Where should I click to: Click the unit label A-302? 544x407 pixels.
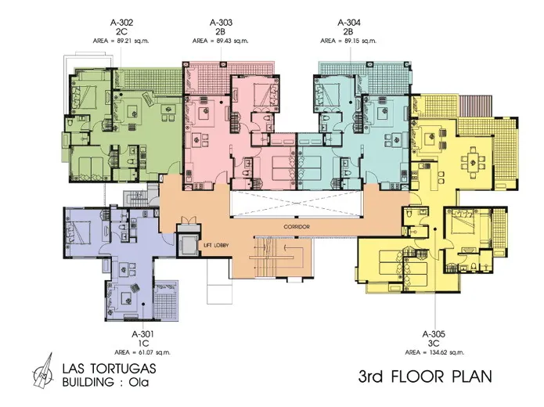[121, 23]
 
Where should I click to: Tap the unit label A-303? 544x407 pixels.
[221, 23]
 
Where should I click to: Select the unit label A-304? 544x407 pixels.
[348, 23]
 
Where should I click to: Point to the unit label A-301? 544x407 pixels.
[142, 334]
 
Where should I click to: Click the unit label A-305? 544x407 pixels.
[434, 334]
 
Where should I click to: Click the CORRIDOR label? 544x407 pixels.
[297, 227]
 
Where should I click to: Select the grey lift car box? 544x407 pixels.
[188, 245]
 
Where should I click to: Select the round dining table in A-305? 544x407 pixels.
[473, 162]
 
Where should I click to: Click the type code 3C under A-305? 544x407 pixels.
[434, 344]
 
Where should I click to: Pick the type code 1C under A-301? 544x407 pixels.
[143, 344]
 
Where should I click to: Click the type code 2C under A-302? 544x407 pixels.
[122, 32]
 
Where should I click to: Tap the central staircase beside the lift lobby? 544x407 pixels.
[274, 257]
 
